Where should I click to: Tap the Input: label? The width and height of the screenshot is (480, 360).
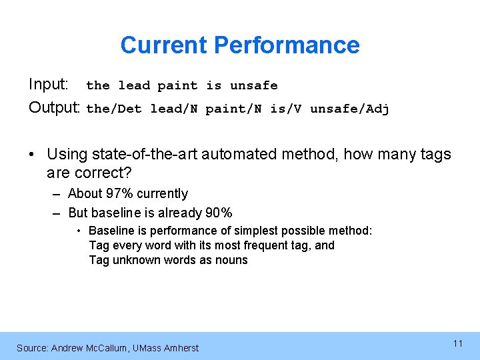[48, 85]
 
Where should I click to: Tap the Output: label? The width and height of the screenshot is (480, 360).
[54, 108]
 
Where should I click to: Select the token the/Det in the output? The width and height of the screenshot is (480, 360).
[114, 109]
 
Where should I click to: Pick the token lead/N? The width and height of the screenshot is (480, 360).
[173, 109]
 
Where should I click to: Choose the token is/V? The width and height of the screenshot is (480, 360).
[285, 109]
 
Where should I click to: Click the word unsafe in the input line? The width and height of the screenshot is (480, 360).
[253, 85]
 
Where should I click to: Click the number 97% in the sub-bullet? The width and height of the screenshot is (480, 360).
[119, 194]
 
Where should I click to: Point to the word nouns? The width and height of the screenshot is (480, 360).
[231, 260]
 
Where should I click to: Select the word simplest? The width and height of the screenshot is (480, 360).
[263, 231]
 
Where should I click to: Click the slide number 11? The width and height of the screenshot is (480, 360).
[457, 343]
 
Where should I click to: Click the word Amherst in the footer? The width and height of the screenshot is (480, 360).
[180, 347]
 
